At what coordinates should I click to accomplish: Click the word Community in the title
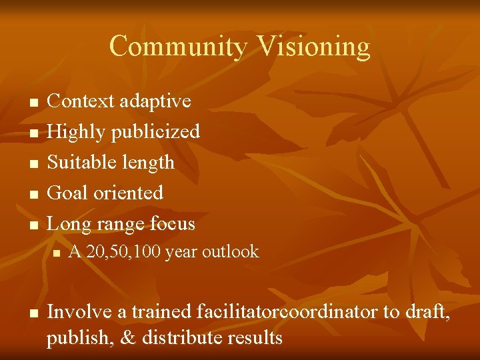click(x=179, y=47)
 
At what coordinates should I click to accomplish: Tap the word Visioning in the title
click(x=313, y=47)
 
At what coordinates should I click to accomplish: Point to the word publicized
click(x=155, y=132)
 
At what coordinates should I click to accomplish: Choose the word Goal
click(x=69, y=193)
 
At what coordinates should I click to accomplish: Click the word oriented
click(x=129, y=193)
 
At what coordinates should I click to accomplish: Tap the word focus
click(x=171, y=223)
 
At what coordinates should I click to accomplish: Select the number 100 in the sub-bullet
click(x=147, y=251)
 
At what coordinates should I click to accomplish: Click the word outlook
click(x=231, y=251)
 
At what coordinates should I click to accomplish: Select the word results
click(x=257, y=337)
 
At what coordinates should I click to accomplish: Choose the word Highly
click(x=77, y=132)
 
